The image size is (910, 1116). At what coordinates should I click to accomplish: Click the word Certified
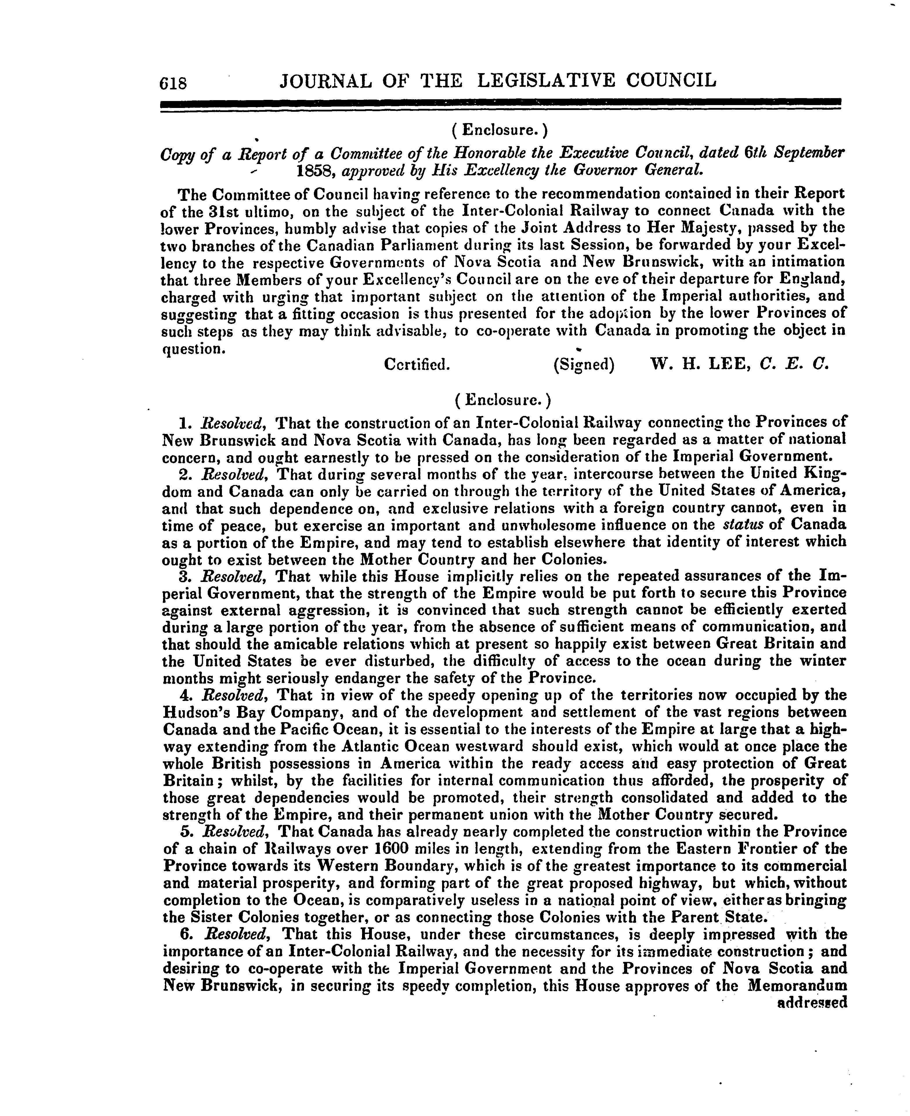417,364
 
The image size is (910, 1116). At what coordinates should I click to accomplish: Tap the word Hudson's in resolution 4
195,713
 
